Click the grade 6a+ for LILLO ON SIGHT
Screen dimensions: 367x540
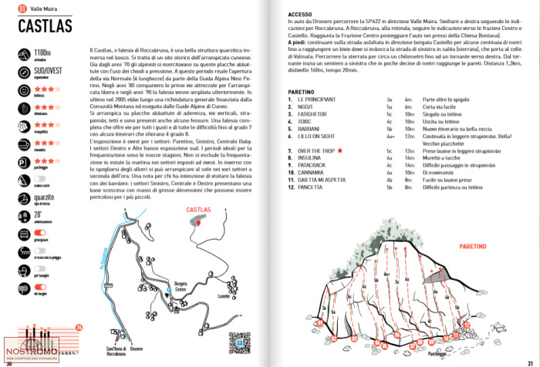(390, 135)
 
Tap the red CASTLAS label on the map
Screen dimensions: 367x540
(198, 210)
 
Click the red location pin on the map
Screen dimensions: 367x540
(202, 221)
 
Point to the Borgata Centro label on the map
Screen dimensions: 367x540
(182, 287)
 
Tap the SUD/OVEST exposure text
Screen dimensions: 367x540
(47, 73)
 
